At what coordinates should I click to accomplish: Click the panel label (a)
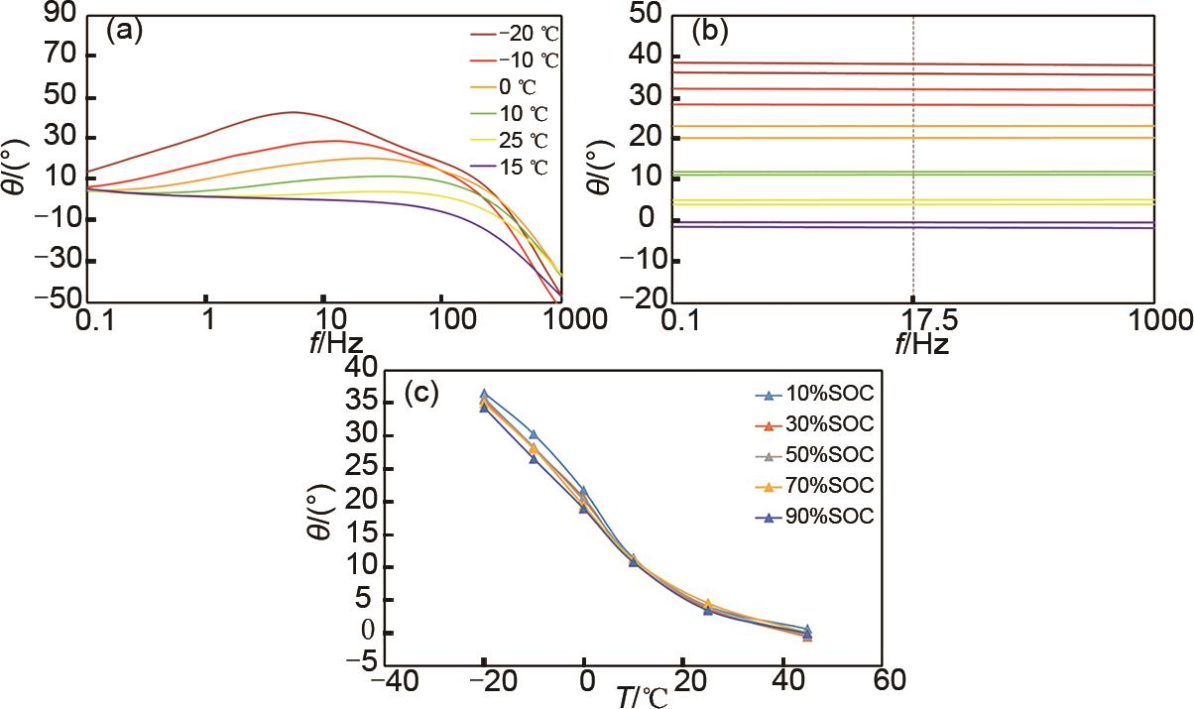point(125,30)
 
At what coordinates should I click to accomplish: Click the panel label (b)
point(708,30)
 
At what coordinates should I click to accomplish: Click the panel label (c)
point(424,393)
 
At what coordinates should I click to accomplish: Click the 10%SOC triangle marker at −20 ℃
point(484,395)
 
